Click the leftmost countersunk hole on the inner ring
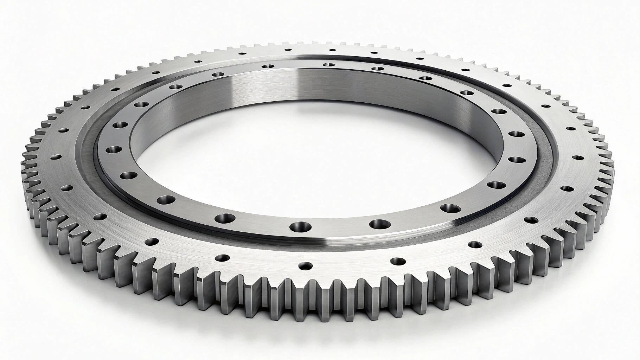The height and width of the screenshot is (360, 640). click(113, 149)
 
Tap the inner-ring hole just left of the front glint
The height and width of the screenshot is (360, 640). click(300, 226)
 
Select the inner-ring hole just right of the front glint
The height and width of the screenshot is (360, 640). click(378, 223)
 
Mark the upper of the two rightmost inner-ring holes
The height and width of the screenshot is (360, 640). click(516, 135)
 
